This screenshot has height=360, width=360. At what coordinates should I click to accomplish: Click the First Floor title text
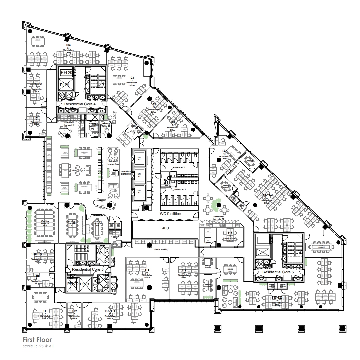(x=37, y=340)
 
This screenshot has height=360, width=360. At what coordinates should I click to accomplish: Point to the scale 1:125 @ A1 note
(x=38, y=346)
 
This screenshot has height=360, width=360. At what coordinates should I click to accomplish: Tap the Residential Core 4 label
(x=80, y=104)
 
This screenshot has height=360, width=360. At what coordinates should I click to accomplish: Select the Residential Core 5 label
(x=88, y=270)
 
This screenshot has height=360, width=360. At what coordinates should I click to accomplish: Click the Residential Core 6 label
(x=278, y=272)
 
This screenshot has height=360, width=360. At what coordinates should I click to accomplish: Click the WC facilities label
(x=170, y=214)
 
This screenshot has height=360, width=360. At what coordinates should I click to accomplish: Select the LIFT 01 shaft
(x=139, y=159)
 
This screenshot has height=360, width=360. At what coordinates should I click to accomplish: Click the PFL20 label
(x=67, y=73)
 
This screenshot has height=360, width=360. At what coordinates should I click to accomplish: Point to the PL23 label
(x=84, y=284)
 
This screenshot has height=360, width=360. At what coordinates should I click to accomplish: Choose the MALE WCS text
(x=181, y=167)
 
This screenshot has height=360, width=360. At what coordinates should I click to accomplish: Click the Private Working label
(x=161, y=249)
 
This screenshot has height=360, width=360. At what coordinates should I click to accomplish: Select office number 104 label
(x=68, y=45)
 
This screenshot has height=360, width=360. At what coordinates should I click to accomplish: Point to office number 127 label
(x=225, y=151)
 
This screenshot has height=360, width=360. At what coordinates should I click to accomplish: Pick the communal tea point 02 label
(x=219, y=218)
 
